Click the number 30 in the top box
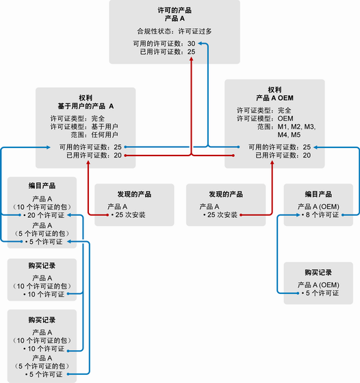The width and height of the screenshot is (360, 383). pos(192,43)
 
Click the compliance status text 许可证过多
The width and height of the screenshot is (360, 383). pos(195,32)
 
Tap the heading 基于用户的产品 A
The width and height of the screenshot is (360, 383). pos(86,106)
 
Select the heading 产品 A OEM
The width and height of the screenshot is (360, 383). pos(274,98)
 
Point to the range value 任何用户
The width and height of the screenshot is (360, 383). pos(105,134)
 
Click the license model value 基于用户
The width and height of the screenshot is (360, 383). pos(105,127)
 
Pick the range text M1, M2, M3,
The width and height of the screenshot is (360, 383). pos(296,127)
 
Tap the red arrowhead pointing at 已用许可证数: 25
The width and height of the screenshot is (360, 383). pos(192,59)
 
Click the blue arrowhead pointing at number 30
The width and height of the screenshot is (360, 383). pos(200,43)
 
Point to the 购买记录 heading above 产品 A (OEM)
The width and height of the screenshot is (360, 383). pos(318,273)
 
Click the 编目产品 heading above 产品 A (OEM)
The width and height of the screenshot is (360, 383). pos(318,194)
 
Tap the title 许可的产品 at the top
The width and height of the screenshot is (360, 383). pos(175,10)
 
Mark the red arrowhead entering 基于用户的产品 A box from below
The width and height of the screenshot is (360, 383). pos(88,163)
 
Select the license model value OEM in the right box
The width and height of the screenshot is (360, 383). pos(285,119)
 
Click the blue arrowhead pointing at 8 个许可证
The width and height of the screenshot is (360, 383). pos(298,215)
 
